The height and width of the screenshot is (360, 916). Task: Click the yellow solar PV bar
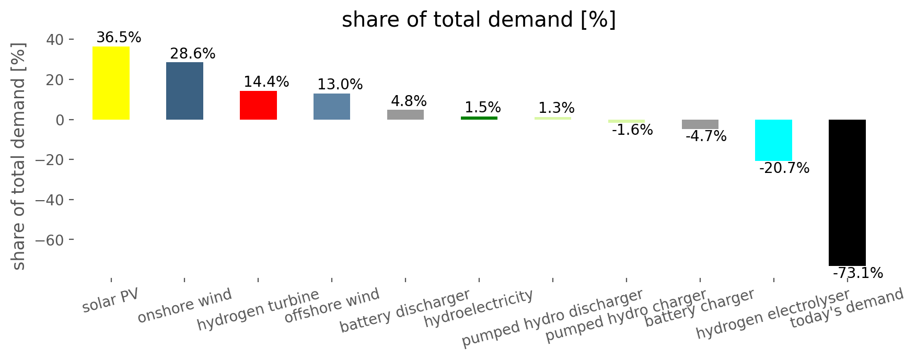tap(111, 83)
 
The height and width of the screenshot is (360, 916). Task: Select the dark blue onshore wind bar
tap(184, 91)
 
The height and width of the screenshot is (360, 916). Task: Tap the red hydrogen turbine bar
tap(258, 105)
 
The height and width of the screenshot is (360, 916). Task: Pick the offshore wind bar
tap(332, 107)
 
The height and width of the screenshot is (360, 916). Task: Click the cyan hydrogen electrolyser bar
tap(773, 140)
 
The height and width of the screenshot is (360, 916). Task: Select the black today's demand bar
tap(847, 193)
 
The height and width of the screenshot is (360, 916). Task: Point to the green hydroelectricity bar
tap(479, 118)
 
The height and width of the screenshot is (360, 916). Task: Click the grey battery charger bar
tap(700, 124)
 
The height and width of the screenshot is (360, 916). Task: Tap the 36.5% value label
tap(119, 38)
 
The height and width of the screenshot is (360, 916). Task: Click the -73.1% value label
tap(858, 273)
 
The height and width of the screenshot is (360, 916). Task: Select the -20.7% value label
tap(784, 168)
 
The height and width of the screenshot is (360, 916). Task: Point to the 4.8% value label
tap(409, 101)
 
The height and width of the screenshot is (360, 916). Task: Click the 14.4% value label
tap(266, 82)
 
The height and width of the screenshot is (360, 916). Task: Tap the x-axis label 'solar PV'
tap(111, 301)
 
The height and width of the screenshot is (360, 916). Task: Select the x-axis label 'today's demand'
tap(847, 308)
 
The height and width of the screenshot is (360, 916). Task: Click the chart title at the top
tap(479, 20)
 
